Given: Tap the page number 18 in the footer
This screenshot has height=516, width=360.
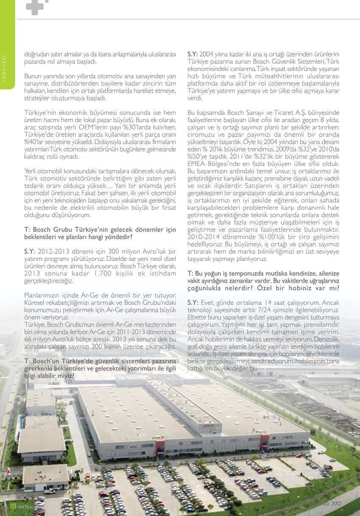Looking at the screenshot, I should (13, 506).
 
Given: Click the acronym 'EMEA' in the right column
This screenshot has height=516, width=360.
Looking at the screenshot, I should (197, 164).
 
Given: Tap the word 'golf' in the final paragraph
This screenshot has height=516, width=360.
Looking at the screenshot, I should (193, 347).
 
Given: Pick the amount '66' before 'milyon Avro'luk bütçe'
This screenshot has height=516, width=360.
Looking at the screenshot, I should (28, 339).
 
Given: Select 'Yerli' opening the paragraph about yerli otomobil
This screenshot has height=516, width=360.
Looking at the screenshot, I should (31, 171).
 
